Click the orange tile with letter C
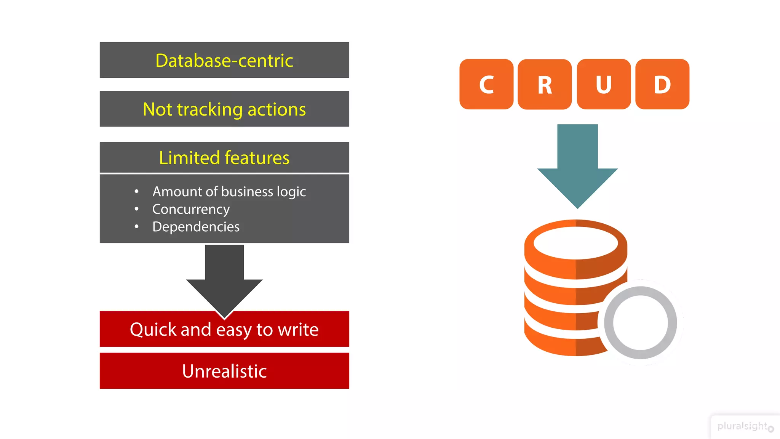486,84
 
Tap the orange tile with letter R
545,85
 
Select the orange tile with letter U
604,84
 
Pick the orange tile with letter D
662,84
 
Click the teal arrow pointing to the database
577,168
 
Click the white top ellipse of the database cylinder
575,243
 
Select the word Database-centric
224,61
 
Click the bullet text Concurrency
191,209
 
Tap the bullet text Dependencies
196,227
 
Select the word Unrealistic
224,371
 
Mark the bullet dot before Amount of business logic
136,192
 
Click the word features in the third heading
257,158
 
